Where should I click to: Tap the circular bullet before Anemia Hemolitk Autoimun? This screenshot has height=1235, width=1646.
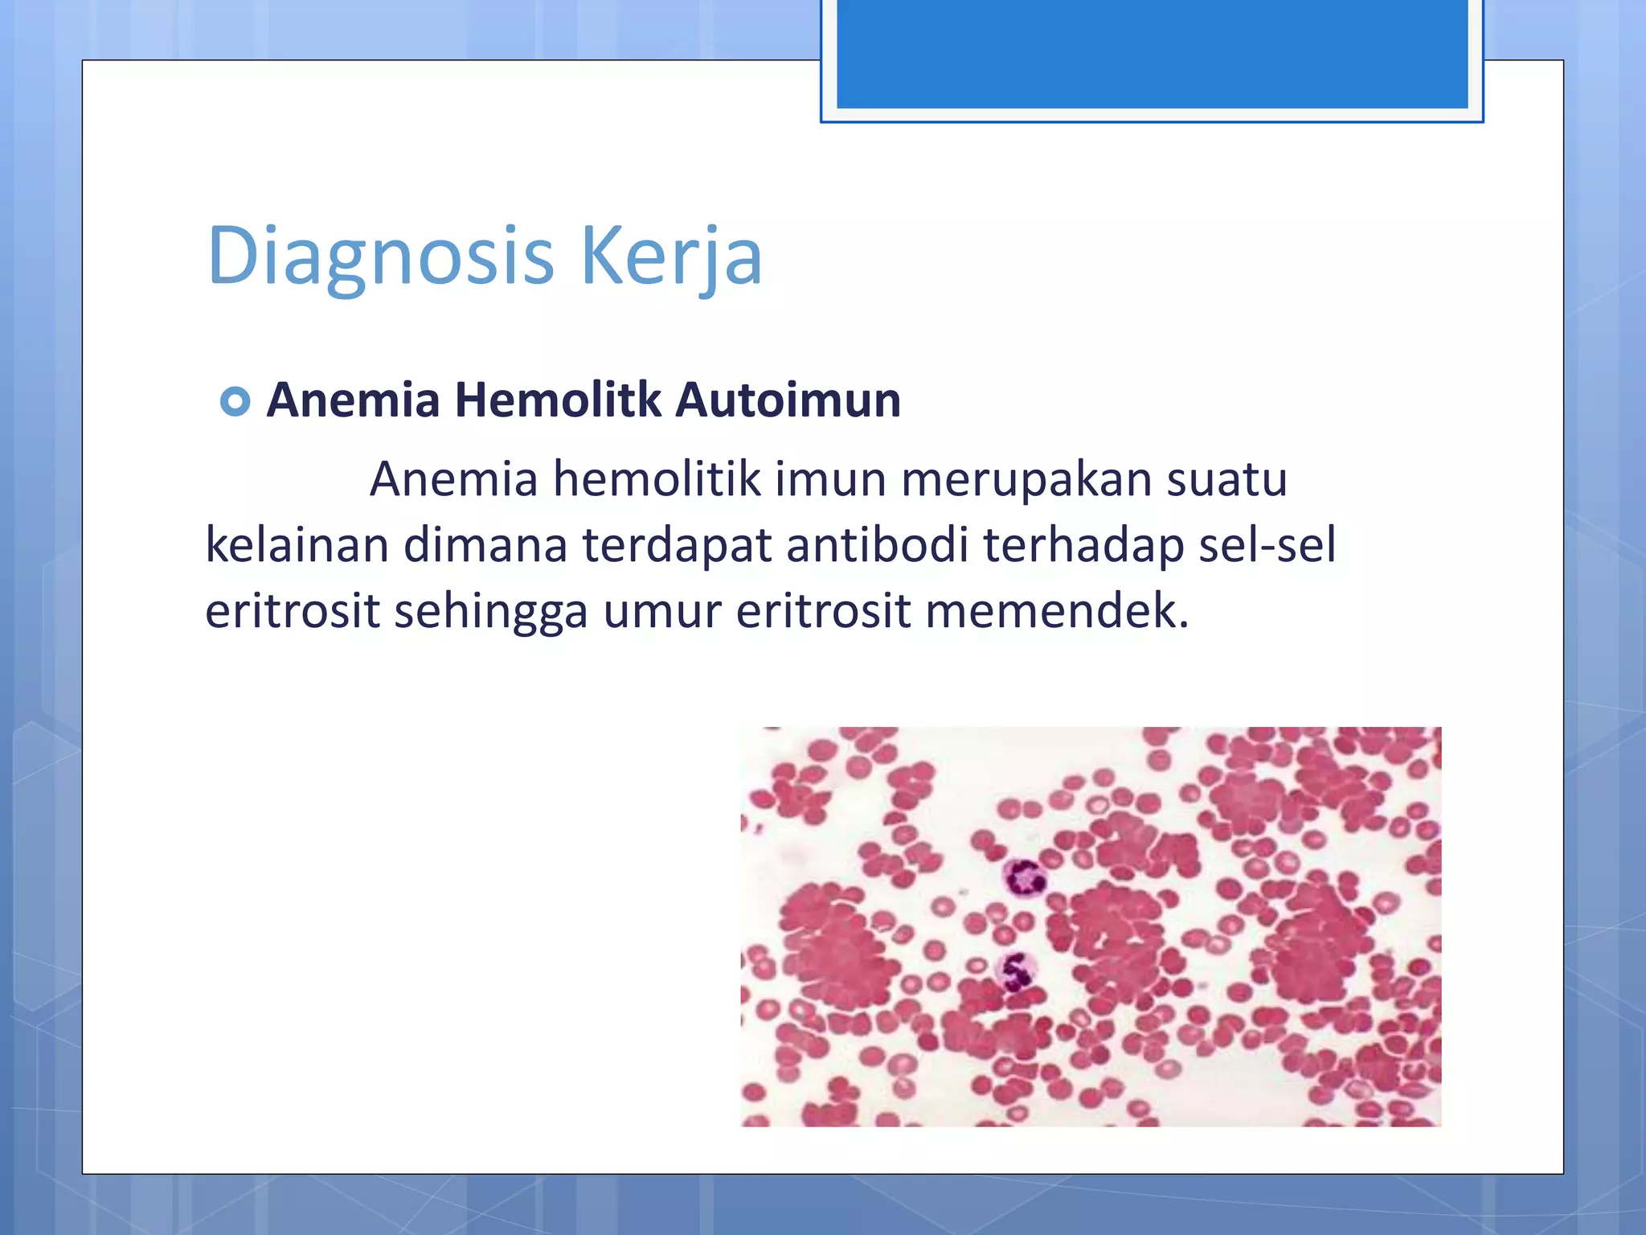coord(235,400)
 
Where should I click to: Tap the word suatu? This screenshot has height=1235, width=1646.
coord(1226,479)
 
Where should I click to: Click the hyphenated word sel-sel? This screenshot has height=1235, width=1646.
coord(1267,545)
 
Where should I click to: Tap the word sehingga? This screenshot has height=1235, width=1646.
coord(491,611)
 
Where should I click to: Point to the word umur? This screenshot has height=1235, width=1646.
coord(662,611)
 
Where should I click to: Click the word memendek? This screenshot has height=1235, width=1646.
coord(1056,611)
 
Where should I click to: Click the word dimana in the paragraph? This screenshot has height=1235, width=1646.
coord(485,545)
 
